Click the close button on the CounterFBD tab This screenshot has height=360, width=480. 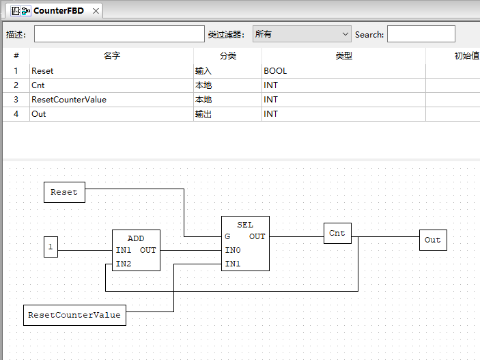pos(96,11)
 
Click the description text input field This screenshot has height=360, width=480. pos(119,34)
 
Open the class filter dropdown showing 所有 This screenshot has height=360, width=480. pos(301,34)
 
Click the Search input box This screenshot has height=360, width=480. pos(421,34)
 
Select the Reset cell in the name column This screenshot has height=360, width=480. pos(42,70)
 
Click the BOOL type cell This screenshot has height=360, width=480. pos(275,70)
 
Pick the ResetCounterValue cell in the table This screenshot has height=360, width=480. pos(69,100)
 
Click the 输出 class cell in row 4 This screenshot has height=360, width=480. pos(203,114)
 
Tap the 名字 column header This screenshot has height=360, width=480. pos(111,56)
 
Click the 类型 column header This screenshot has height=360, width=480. pos(343,56)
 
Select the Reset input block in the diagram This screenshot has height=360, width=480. pos(64,193)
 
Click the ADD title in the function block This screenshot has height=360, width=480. pos(136,238)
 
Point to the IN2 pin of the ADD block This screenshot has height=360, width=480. pos(124,264)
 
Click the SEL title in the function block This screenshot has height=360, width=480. pos(245,225)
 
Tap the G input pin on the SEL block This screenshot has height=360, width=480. pos(227,236)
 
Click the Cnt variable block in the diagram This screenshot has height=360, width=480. pos(337,233)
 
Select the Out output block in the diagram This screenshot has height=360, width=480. pos(433,240)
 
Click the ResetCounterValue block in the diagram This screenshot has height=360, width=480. pos(75,315)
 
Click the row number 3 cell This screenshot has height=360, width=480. pos(16,100)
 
